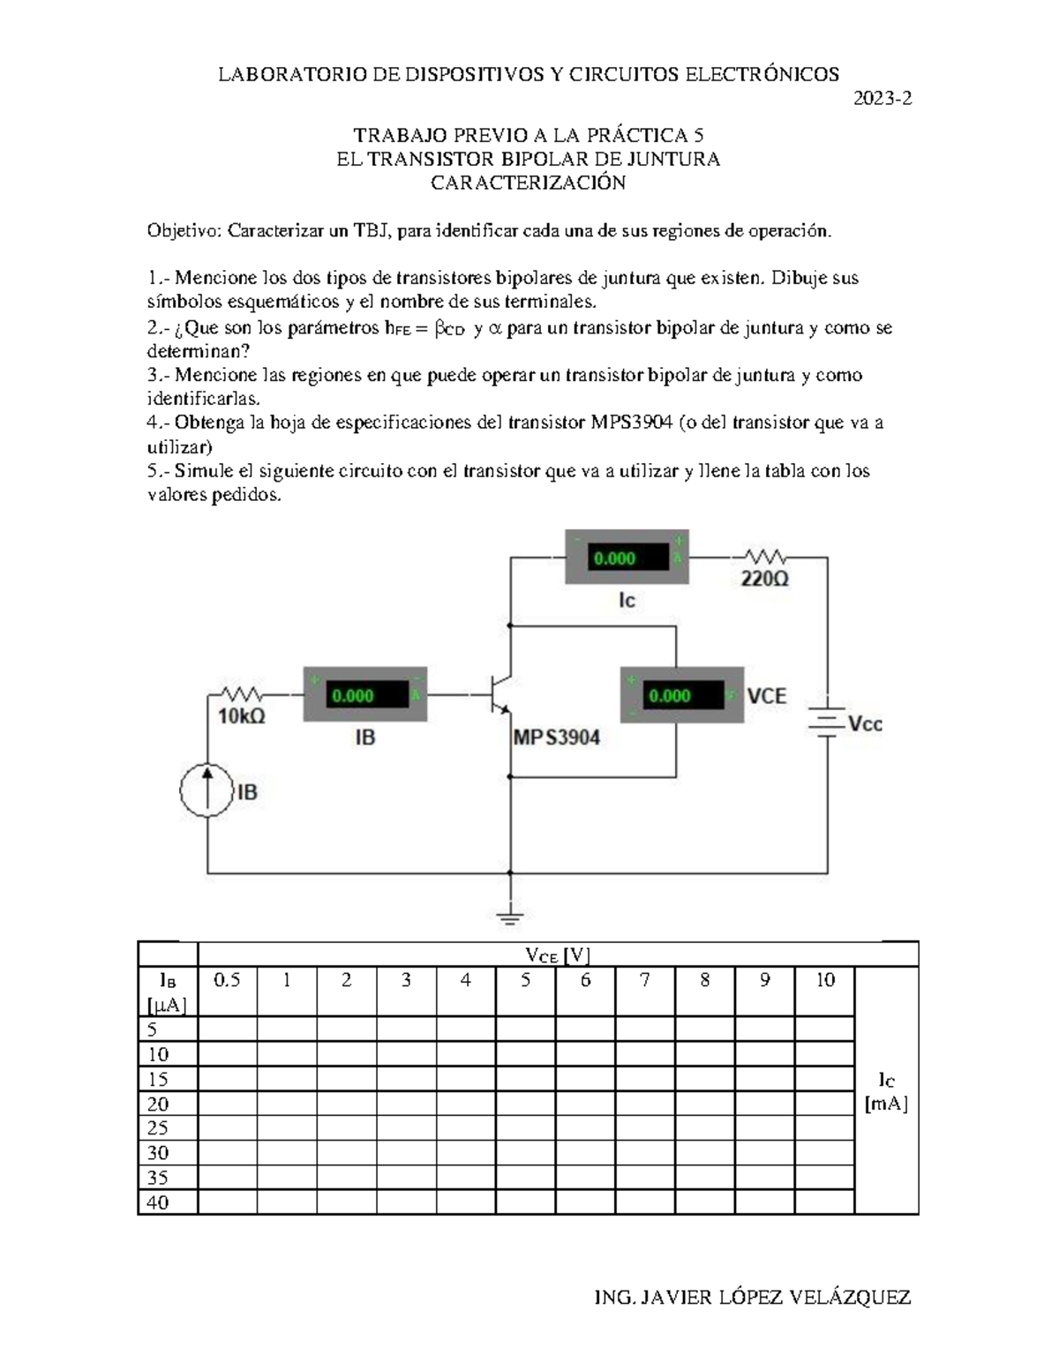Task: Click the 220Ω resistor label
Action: pyautogui.click(x=764, y=580)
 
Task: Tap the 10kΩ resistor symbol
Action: pyautogui.click(x=240, y=694)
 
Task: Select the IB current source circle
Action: pyautogui.click(x=207, y=790)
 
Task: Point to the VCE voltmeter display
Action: pyautogui.click(x=671, y=695)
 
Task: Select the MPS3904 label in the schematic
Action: pyautogui.click(x=557, y=737)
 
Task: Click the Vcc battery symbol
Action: pyautogui.click(x=827, y=723)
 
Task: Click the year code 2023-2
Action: pyautogui.click(x=882, y=99)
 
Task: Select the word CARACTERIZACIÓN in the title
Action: pyautogui.click(x=528, y=183)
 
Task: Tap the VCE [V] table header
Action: pyautogui.click(x=558, y=955)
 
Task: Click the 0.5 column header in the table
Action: pyautogui.click(x=228, y=980)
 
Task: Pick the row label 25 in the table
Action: pyautogui.click(x=158, y=1128)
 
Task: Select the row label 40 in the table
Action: pyautogui.click(x=158, y=1202)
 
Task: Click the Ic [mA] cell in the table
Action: pyautogui.click(x=886, y=1091)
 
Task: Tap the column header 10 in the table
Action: pyautogui.click(x=824, y=980)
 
